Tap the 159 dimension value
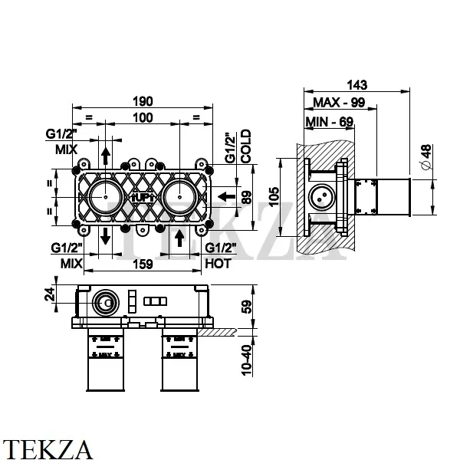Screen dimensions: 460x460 click(142, 263)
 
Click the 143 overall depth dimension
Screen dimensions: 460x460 click(358, 84)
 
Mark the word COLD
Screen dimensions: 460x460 click(247, 146)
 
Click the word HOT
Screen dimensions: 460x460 click(218, 262)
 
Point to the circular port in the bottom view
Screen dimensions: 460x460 click(102, 304)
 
